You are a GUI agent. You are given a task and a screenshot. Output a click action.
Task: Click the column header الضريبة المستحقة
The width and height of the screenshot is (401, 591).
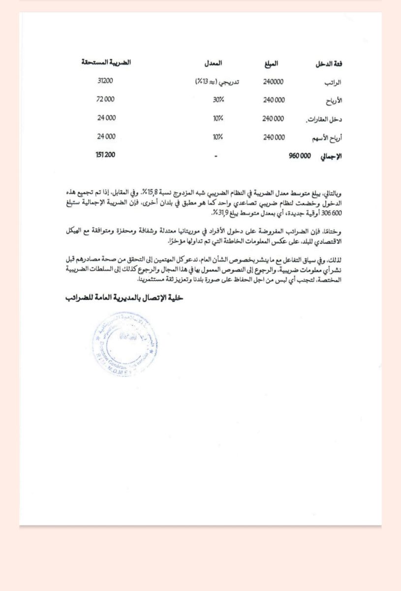(x=106, y=64)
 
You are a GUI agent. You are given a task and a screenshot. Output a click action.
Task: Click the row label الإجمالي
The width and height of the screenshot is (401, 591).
(x=331, y=156)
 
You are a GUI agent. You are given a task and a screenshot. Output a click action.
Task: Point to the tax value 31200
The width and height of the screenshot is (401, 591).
(x=106, y=81)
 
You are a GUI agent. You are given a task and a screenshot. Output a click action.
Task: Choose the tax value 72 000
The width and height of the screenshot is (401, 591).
(x=106, y=99)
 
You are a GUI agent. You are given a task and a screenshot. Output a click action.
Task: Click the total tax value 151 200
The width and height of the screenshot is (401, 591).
(x=106, y=155)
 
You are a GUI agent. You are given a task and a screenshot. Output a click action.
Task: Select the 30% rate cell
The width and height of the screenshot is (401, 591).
(x=218, y=99)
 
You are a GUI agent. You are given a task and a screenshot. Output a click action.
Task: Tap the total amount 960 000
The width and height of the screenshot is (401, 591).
(x=300, y=156)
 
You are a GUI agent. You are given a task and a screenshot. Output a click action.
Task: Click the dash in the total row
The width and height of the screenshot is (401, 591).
(x=216, y=156)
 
